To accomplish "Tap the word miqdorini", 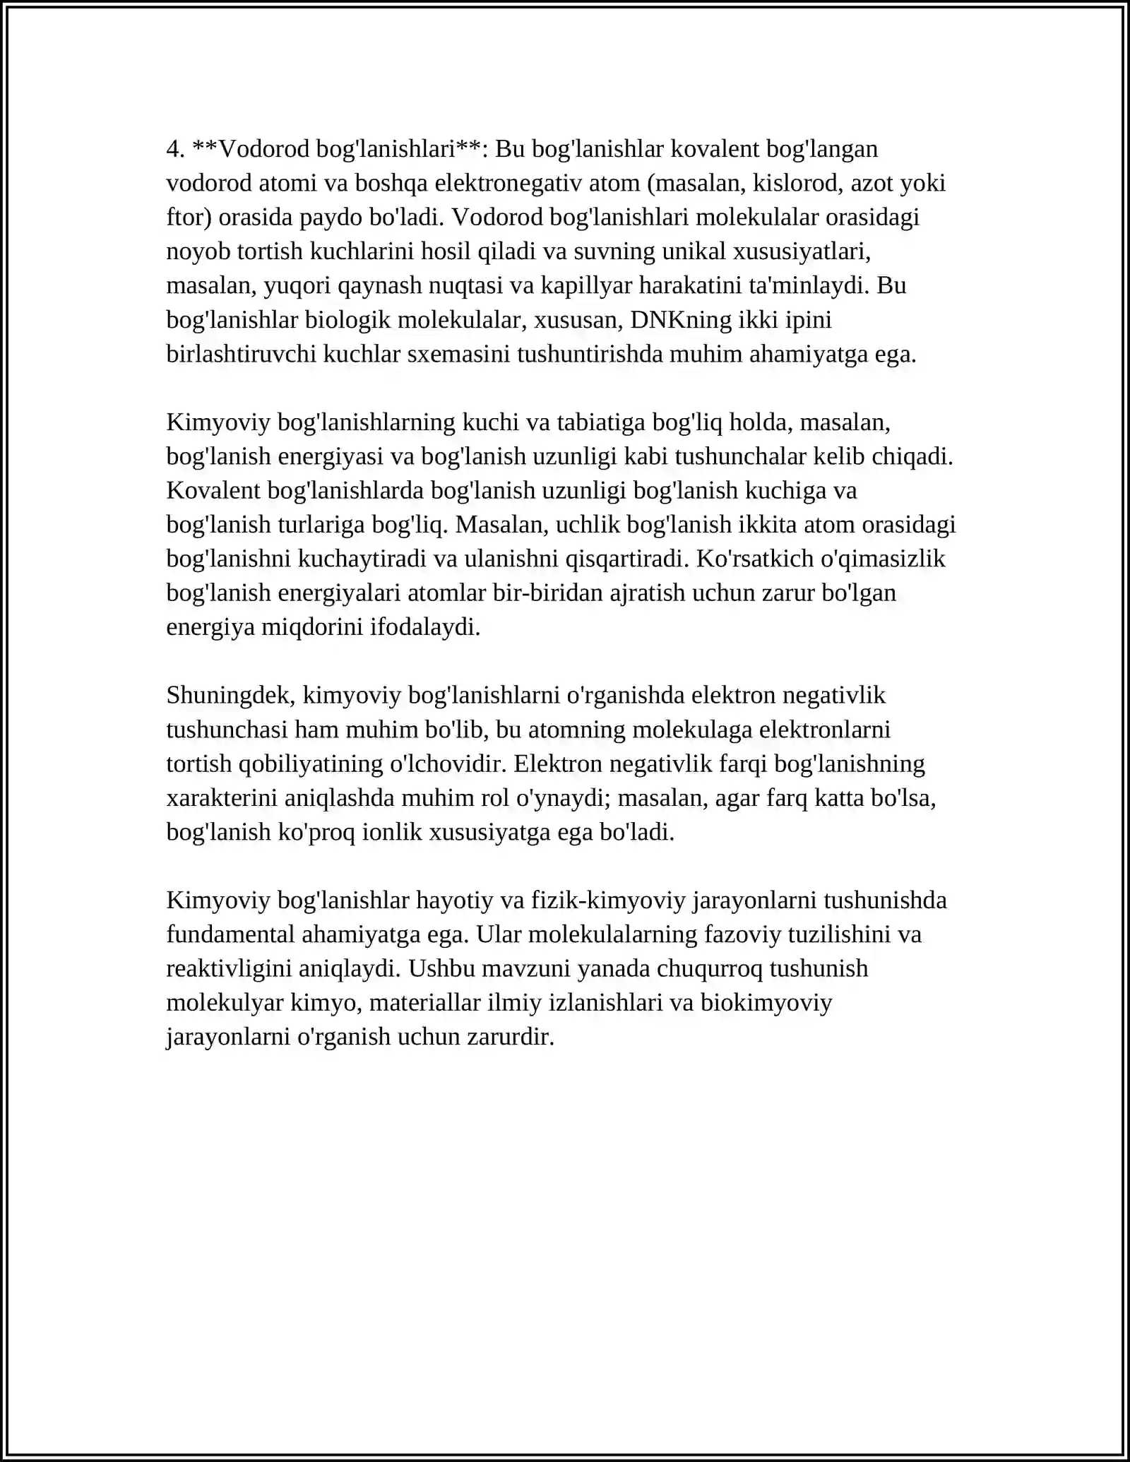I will pyautogui.click(x=314, y=627).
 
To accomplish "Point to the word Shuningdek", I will pyautogui.click(x=230, y=696).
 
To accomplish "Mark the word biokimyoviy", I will pyautogui.click(x=766, y=1003).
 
